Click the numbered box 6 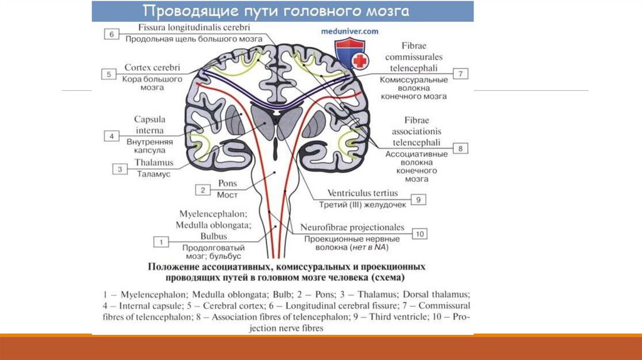111,34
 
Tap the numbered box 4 111,135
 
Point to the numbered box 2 203,189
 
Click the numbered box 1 161,241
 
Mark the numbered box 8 460,149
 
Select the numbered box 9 419,199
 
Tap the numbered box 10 419,233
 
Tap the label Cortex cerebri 153,67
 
